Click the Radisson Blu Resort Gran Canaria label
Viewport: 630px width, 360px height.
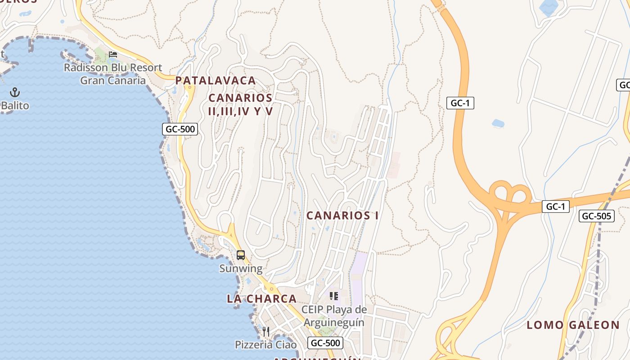pyautogui.click(x=113, y=74)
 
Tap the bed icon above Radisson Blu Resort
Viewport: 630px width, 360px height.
pyautogui.click(x=113, y=54)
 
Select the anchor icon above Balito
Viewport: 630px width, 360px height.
pyautogui.click(x=15, y=92)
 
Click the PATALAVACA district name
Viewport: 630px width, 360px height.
pyautogui.click(x=216, y=81)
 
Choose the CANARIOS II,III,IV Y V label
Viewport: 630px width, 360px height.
pyautogui.click(x=241, y=104)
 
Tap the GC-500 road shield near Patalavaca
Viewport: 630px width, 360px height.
pyautogui.click(x=180, y=129)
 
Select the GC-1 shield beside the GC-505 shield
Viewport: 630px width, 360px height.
pyautogui.click(x=556, y=207)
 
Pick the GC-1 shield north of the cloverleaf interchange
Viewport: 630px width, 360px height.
pyautogui.click(x=460, y=103)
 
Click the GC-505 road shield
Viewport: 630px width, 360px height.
pyautogui.click(x=596, y=216)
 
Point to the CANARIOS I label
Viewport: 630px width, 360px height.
pyautogui.click(x=342, y=216)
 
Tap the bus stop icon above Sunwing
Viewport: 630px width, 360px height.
pyautogui.click(x=241, y=255)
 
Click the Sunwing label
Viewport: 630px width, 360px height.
pyautogui.click(x=241, y=269)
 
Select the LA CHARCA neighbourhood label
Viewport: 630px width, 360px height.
pyautogui.click(x=261, y=299)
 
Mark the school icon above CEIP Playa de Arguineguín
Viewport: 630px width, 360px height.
pyautogui.click(x=334, y=296)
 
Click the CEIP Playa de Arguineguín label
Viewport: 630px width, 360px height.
pyautogui.click(x=334, y=316)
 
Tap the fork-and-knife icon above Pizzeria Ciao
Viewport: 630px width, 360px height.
pyautogui.click(x=266, y=332)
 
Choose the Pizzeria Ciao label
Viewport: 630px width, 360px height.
pyautogui.click(x=266, y=345)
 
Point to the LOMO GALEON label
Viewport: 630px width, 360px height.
pyautogui.click(x=573, y=325)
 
